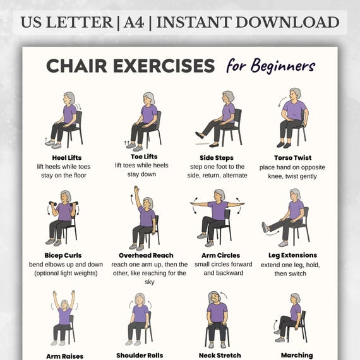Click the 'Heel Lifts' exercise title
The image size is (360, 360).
67,158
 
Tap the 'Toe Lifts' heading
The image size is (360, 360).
144,157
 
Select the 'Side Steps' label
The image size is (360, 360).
217,158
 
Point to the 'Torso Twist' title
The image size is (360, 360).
292,158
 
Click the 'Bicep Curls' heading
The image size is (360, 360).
63,255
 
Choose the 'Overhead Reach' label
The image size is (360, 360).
146,255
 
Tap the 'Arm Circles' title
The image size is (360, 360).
220,255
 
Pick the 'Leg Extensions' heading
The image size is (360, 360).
292,255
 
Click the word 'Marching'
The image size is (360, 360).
297,356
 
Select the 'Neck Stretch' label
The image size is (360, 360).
220,356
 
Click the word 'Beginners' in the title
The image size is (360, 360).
283,66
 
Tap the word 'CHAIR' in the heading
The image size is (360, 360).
76,66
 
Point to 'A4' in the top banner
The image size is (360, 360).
134,22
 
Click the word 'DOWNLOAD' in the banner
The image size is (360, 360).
287,22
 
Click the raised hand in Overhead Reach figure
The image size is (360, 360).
136,189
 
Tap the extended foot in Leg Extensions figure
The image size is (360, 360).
265,227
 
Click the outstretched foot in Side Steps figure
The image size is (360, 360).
200,135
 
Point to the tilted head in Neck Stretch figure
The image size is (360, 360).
215,297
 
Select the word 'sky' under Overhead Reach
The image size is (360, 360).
150,282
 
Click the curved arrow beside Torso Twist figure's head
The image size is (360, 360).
281,102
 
